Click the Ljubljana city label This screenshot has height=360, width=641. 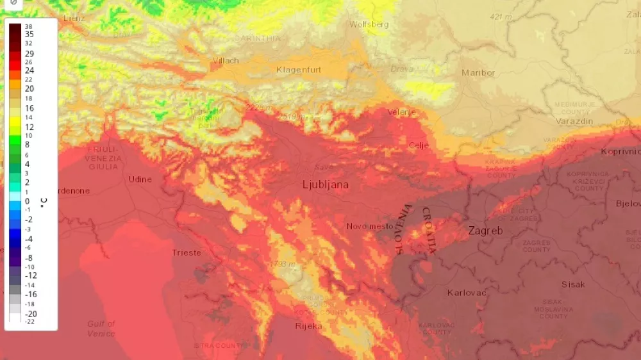click(326, 185)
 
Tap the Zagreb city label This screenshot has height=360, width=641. click(485, 231)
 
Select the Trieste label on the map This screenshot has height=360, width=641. click(187, 253)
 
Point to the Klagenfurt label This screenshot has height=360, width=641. click(299, 70)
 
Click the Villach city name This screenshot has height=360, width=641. click(225, 61)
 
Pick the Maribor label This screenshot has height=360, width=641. click(478, 73)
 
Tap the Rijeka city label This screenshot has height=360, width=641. click(309, 326)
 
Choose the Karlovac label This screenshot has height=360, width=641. click(467, 293)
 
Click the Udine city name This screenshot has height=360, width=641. click(140, 179)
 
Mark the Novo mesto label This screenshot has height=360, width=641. click(369, 226)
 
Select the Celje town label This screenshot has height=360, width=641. click(419, 145)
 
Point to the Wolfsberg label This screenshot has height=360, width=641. click(369, 25)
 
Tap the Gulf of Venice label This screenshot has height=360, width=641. click(101, 329)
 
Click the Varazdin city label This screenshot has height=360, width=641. click(574, 121)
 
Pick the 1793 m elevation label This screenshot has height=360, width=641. click(282, 265)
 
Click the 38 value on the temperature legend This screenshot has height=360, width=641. click(28, 26)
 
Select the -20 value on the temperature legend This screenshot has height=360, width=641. click(31, 314)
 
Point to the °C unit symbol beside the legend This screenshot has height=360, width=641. click(44, 202)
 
